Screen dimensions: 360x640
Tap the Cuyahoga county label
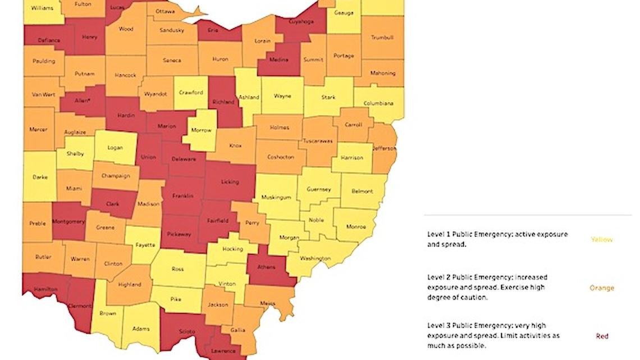click(x=301, y=21)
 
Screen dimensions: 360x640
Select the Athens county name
click(x=266, y=267)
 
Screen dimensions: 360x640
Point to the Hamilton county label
click(x=45, y=289)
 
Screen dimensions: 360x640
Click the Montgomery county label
click(x=68, y=221)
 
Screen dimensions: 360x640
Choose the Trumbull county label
click(x=382, y=38)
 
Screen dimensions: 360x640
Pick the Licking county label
click(x=230, y=181)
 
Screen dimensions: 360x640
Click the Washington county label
click(x=315, y=258)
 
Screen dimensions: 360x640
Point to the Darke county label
click(x=40, y=177)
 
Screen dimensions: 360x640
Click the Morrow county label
click(x=201, y=130)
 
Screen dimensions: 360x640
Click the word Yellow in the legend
click(x=601, y=239)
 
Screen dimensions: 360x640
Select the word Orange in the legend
click(x=601, y=288)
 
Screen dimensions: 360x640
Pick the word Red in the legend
click(x=602, y=336)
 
